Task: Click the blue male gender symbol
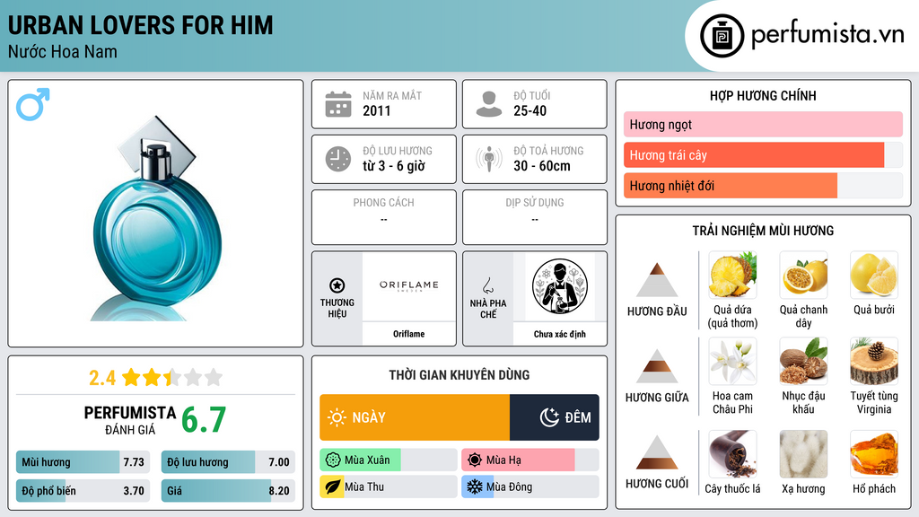coord(33,104)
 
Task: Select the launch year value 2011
coord(376,110)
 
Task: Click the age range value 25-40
coord(530,110)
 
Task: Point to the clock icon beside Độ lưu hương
coord(338,159)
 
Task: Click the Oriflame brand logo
coord(408,285)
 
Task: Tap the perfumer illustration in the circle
coord(560,286)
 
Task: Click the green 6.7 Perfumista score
coord(204,420)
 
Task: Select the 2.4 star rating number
coord(102,378)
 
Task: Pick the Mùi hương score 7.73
coord(134,462)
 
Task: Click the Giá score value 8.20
coord(279,491)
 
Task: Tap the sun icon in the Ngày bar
coord(337,417)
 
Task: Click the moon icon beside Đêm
coord(549,417)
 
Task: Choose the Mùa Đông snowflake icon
coord(474,486)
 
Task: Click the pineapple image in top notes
coord(732,275)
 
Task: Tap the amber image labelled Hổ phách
coord(874,454)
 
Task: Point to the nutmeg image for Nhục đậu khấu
coord(803,362)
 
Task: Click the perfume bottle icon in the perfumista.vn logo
coord(722,36)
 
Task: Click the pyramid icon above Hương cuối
coord(657,452)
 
